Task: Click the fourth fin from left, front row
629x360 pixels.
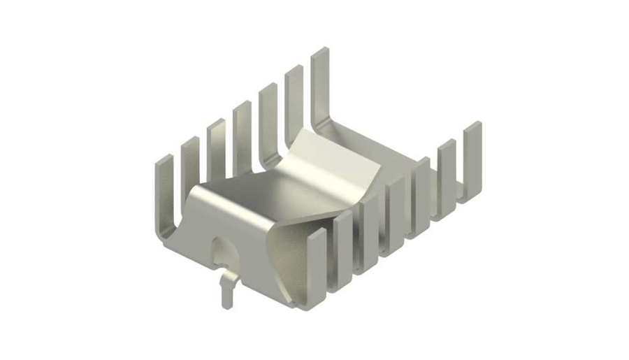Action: (396, 206)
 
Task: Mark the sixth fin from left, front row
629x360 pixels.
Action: (447, 171)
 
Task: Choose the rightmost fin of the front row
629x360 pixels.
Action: (472, 157)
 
